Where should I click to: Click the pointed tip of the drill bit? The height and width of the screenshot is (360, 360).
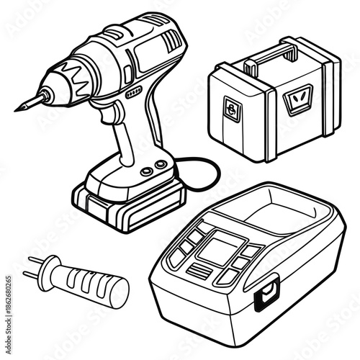tap(17, 109)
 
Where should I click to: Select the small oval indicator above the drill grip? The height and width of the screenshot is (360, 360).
tap(133, 94)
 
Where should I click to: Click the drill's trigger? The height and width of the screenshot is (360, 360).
tap(112, 114)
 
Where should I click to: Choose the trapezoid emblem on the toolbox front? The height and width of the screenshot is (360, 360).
tap(295, 97)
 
